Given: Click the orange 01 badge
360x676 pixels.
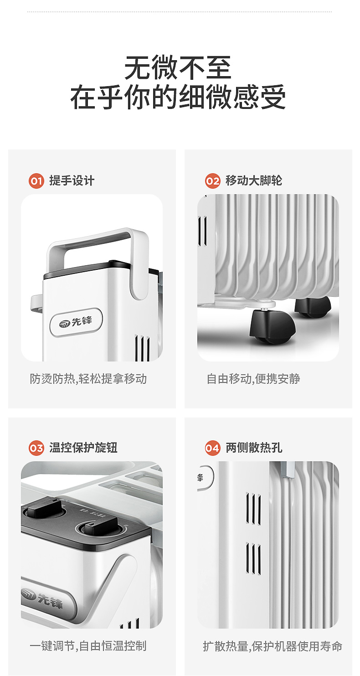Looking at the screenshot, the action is pos(36,181).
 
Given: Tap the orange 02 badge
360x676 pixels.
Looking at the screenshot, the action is pos(212,181).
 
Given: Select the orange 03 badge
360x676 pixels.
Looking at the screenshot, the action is pos(36,448).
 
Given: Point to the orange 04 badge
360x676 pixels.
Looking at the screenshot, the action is pos(212,448).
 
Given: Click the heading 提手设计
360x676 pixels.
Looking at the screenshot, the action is pos(72,181).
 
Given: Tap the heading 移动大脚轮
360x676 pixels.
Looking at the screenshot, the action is pos(254,181).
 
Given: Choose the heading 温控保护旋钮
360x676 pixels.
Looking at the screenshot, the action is pos(83,448).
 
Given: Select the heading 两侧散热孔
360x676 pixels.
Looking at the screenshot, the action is pos(254,448).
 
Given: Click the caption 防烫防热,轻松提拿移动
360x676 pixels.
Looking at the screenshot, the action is pos(88,379).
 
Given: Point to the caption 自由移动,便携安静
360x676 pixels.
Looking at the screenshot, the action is pos(253,379).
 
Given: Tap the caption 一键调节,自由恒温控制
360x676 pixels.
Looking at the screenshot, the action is pos(88,646).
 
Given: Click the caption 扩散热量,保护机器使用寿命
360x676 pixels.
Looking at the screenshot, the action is pos(273,646).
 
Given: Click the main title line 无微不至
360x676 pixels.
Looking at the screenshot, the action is pos(178,68).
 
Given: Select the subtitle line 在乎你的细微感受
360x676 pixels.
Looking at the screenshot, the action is pos(178,97).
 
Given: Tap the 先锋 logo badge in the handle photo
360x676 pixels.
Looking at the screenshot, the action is pos(77,322).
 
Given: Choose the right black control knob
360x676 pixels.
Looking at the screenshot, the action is pos(101,528).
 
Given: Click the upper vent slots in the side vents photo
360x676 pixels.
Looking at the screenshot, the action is pos(253,509).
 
